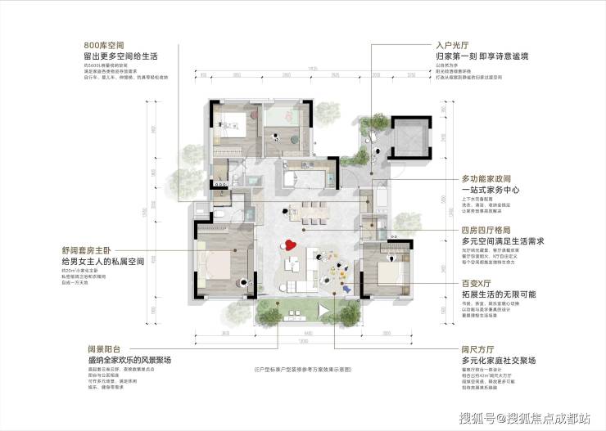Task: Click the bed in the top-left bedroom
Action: [x=234, y=129]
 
